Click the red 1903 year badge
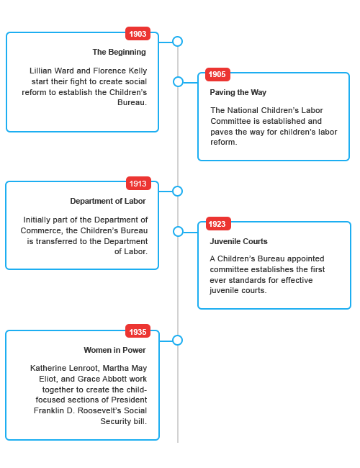(x=138, y=34)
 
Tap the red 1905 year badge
(x=217, y=74)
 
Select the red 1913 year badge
(x=138, y=184)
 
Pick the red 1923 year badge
(x=218, y=223)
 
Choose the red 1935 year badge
(x=138, y=331)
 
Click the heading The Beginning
(x=119, y=52)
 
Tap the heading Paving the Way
(x=238, y=92)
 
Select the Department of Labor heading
(x=108, y=201)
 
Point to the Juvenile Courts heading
(x=238, y=241)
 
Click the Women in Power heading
(x=115, y=350)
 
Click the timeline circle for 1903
(x=178, y=42)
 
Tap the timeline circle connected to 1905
(x=179, y=82)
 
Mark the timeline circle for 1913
(x=178, y=191)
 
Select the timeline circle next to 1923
(x=179, y=231)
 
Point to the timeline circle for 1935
(x=178, y=340)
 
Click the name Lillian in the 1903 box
(x=40, y=71)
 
